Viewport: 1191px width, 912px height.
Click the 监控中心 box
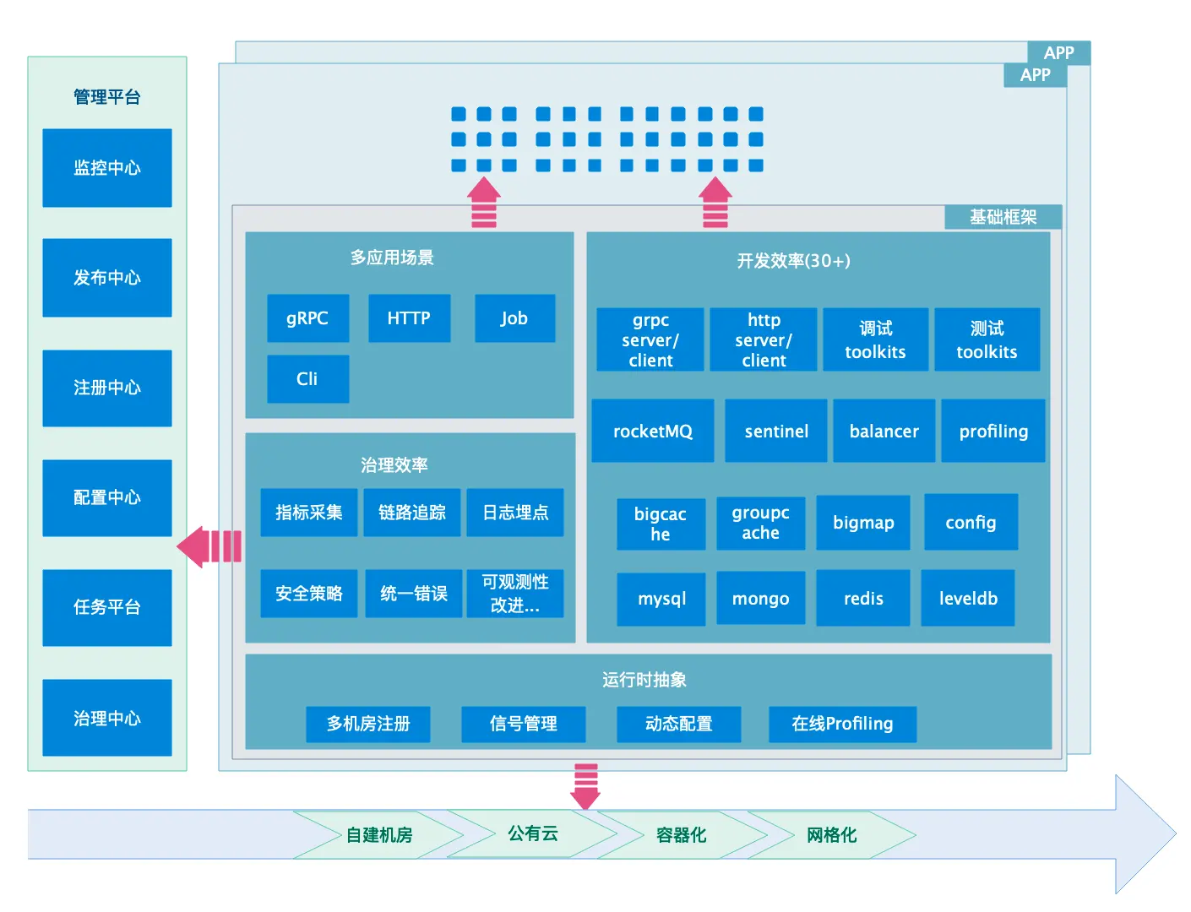click(x=107, y=167)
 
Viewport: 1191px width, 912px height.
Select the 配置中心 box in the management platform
click(x=107, y=497)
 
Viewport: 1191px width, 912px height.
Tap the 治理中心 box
click(x=107, y=718)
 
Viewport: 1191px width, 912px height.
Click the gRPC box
click(x=308, y=318)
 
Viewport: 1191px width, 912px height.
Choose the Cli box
click(x=308, y=378)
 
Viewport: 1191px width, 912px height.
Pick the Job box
click(x=514, y=318)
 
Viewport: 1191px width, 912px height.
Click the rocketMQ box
click(x=653, y=431)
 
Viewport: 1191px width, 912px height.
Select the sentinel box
click(x=776, y=431)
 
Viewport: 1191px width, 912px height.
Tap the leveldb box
click(x=968, y=598)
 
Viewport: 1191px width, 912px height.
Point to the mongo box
click(x=761, y=598)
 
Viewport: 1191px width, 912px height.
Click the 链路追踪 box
click(x=412, y=512)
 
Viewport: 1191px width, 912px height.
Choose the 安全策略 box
click(x=309, y=593)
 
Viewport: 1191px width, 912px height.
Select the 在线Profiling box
click(x=842, y=725)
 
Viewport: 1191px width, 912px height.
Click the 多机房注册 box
click(x=368, y=725)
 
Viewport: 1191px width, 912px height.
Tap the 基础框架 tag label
click(x=1003, y=217)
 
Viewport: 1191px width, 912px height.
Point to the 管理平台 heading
click(x=107, y=97)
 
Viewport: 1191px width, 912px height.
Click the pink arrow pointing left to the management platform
click(x=209, y=546)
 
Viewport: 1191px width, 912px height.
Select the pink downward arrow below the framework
click(x=585, y=786)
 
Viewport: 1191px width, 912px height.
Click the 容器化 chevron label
click(x=682, y=835)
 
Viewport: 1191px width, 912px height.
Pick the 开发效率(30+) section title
click(x=794, y=261)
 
